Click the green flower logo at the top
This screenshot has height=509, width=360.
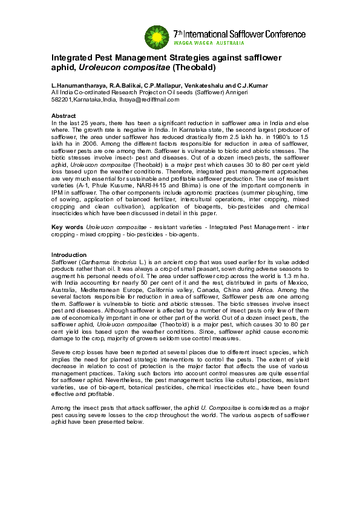click(x=156, y=37)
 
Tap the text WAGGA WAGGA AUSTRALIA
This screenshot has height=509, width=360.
click(x=209, y=44)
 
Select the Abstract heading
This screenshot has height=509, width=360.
click(x=64, y=115)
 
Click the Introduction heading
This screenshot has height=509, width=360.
click(x=68, y=255)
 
